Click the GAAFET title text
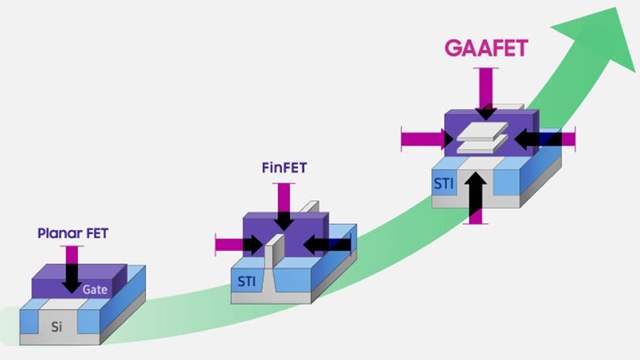[x=486, y=47]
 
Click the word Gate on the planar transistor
[x=96, y=290]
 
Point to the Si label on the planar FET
[x=57, y=325]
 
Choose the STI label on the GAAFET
[x=446, y=184]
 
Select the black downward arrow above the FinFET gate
[x=284, y=220]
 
